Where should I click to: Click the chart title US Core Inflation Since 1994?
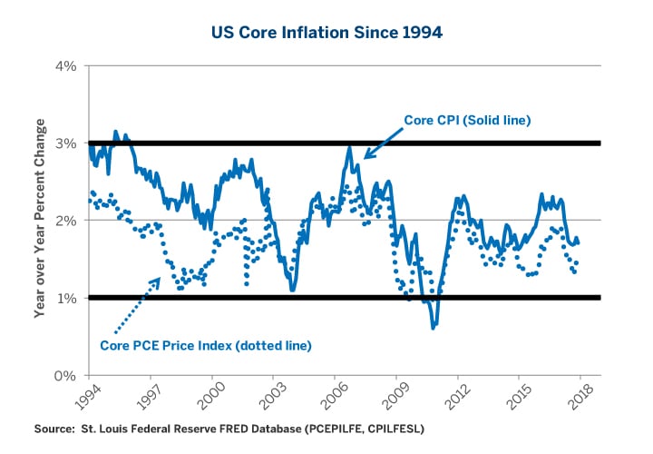[326, 34]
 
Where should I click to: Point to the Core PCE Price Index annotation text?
[205, 345]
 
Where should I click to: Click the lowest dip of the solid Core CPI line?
[434, 327]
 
